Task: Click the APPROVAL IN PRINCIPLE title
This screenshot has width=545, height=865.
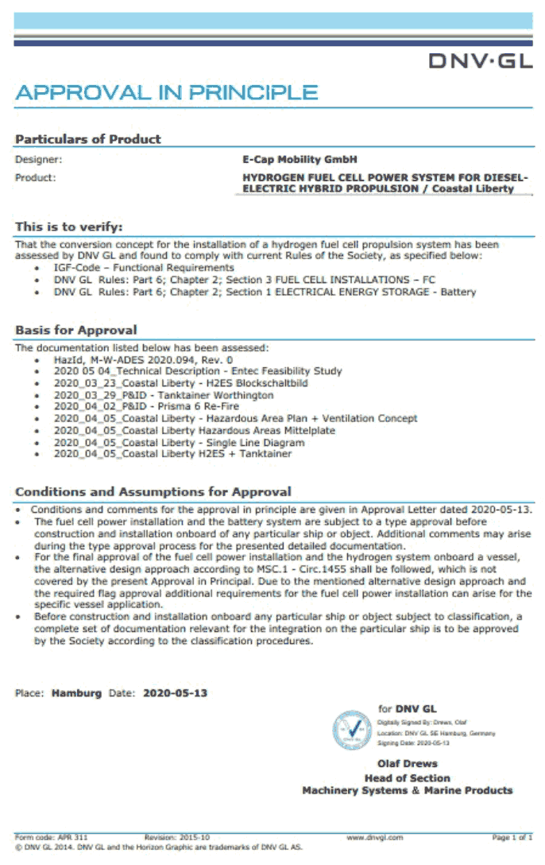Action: (x=166, y=92)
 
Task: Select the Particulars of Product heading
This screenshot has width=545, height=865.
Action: (x=88, y=139)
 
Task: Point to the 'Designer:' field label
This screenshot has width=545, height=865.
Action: (x=38, y=160)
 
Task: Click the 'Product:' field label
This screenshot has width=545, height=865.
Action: (x=35, y=177)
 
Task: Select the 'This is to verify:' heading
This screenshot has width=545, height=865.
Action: (x=69, y=227)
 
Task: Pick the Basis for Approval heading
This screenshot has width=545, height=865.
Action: (x=76, y=330)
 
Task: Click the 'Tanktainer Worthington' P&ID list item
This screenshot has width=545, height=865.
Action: (x=163, y=395)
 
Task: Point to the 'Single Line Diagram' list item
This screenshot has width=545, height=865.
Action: (x=179, y=442)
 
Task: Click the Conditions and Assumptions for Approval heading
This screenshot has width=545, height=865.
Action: (x=153, y=491)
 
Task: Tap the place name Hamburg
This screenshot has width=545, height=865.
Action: (x=76, y=693)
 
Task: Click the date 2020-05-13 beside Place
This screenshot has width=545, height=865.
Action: (x=175, y=693)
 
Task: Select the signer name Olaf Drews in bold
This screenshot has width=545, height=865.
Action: (x=407, y=764)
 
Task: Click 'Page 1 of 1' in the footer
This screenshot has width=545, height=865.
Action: (x=512, y=837)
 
